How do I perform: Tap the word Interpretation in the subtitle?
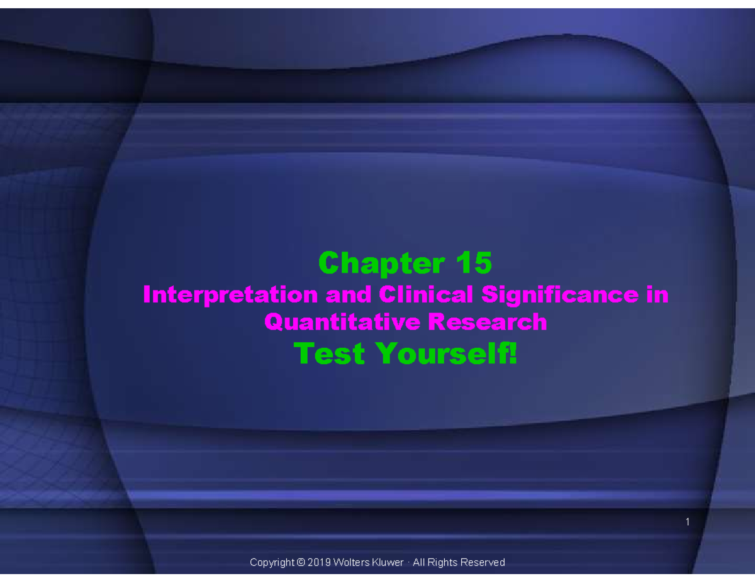tap(230, 294)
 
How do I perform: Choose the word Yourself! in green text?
tap(447, 353)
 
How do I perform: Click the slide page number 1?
tap(688, 522)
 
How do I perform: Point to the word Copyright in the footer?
tap(272, 562)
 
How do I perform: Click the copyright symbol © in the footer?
tap(300, 562)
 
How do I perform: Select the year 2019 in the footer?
tap(319, 562)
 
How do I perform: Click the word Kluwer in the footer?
tap(388, 562)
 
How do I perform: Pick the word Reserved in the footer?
tap(483, 562)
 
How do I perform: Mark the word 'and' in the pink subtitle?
tap(349, 294)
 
